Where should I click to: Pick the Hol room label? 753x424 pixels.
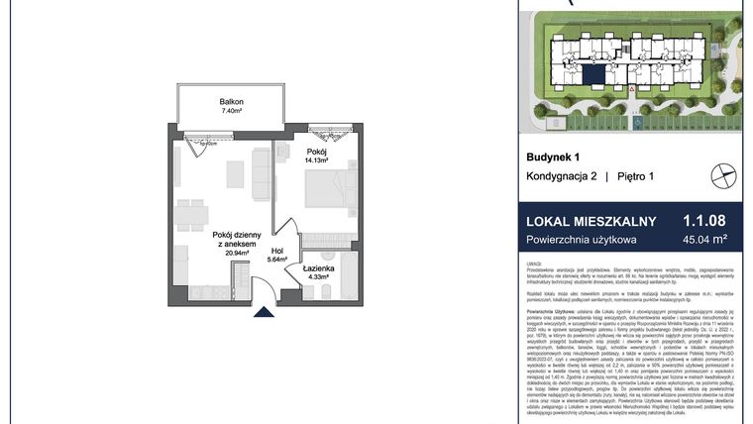pyautogui.click(x=278, y=252)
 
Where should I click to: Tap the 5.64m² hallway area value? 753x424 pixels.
pyautogui.click(x=278, y=262)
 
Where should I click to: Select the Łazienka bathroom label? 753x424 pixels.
pyautogui.click(x=318, y=267)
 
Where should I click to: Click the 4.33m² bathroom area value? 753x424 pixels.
pyautogui.click(x=318, y=277)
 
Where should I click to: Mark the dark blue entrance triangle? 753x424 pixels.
pyautogui.click(x=263, y=313)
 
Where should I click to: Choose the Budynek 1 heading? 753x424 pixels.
pyautogui.click(x=553, y=157)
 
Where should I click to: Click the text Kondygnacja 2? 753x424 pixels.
pyautogui.click(x=563, y=176)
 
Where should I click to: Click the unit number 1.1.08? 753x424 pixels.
pyautogui.click(x=704, y=222)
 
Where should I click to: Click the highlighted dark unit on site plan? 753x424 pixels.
pyautogui.click(x=592, y=71)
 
